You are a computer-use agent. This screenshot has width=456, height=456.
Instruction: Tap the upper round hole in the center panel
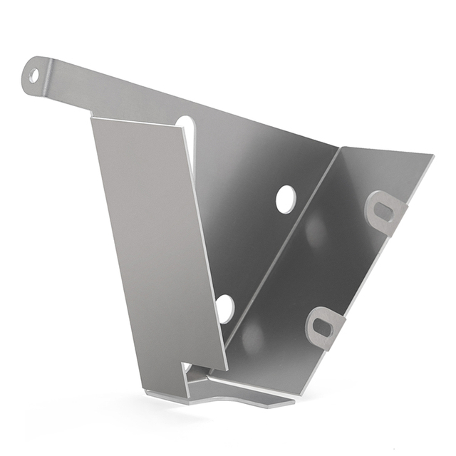pos(285,199)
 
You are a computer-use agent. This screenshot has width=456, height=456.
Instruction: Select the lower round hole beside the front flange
pos(224,308)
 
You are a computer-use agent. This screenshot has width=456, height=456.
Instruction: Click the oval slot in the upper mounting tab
pos(383,209)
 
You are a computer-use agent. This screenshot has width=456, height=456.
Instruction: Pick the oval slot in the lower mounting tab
pos(323,325)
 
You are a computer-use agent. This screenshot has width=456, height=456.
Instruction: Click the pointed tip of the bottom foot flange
pos(293,403)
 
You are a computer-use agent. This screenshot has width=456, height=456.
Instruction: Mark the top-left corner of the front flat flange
pos(92,118)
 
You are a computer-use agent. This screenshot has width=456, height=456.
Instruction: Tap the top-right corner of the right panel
pos(432,155)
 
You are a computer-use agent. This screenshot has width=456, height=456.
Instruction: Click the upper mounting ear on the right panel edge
pos(385,212)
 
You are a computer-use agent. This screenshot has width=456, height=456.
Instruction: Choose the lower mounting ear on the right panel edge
pos(325,328)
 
